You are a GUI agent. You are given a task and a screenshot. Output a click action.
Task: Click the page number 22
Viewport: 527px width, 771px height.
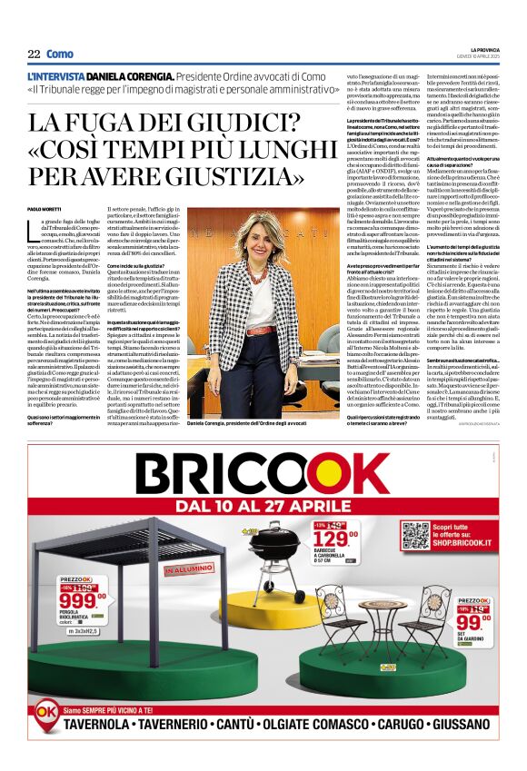[x=34, y=54]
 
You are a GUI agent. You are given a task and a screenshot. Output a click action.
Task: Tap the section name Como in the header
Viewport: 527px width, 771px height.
[x=59, y=54]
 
